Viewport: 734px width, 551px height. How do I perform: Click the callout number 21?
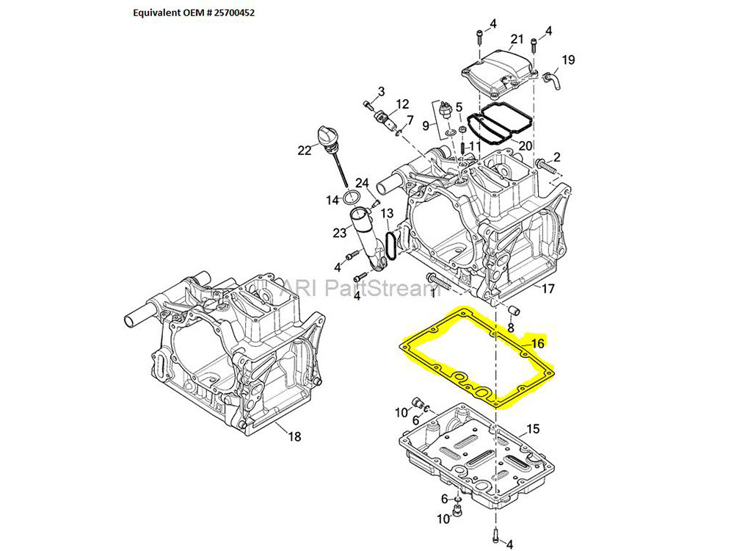pyautogui.click(x=517, y=39)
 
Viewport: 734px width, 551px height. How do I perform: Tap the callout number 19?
pyautogui.click(x=568, y=60)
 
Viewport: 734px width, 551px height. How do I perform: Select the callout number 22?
pyautogui.click(x=304, y=151)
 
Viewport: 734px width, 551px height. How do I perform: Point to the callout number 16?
pyautogui.click(x=538, y=343)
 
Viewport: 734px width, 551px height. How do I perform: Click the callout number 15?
pyautogui.click(x=533, y=428)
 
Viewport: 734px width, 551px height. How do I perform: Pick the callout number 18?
pyautogui.click(x=294, y=437)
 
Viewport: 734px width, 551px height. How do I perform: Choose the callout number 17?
pyautogui.click(x=548, y=289)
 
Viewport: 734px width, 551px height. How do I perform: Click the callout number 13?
pyautogui.click(x=387, y=213)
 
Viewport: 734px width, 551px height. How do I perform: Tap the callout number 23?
pyautogui.click(x=339, y=233)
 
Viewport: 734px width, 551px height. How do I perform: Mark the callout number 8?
pyautogui.click(x=511, y=327)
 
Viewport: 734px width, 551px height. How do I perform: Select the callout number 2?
pyautogui.click(x=556, y=156)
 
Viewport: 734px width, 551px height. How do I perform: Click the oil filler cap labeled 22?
pyautogui.click(x=323, y=135)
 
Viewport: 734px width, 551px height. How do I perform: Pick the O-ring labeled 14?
pyautogui.click(x=352, y=196)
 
